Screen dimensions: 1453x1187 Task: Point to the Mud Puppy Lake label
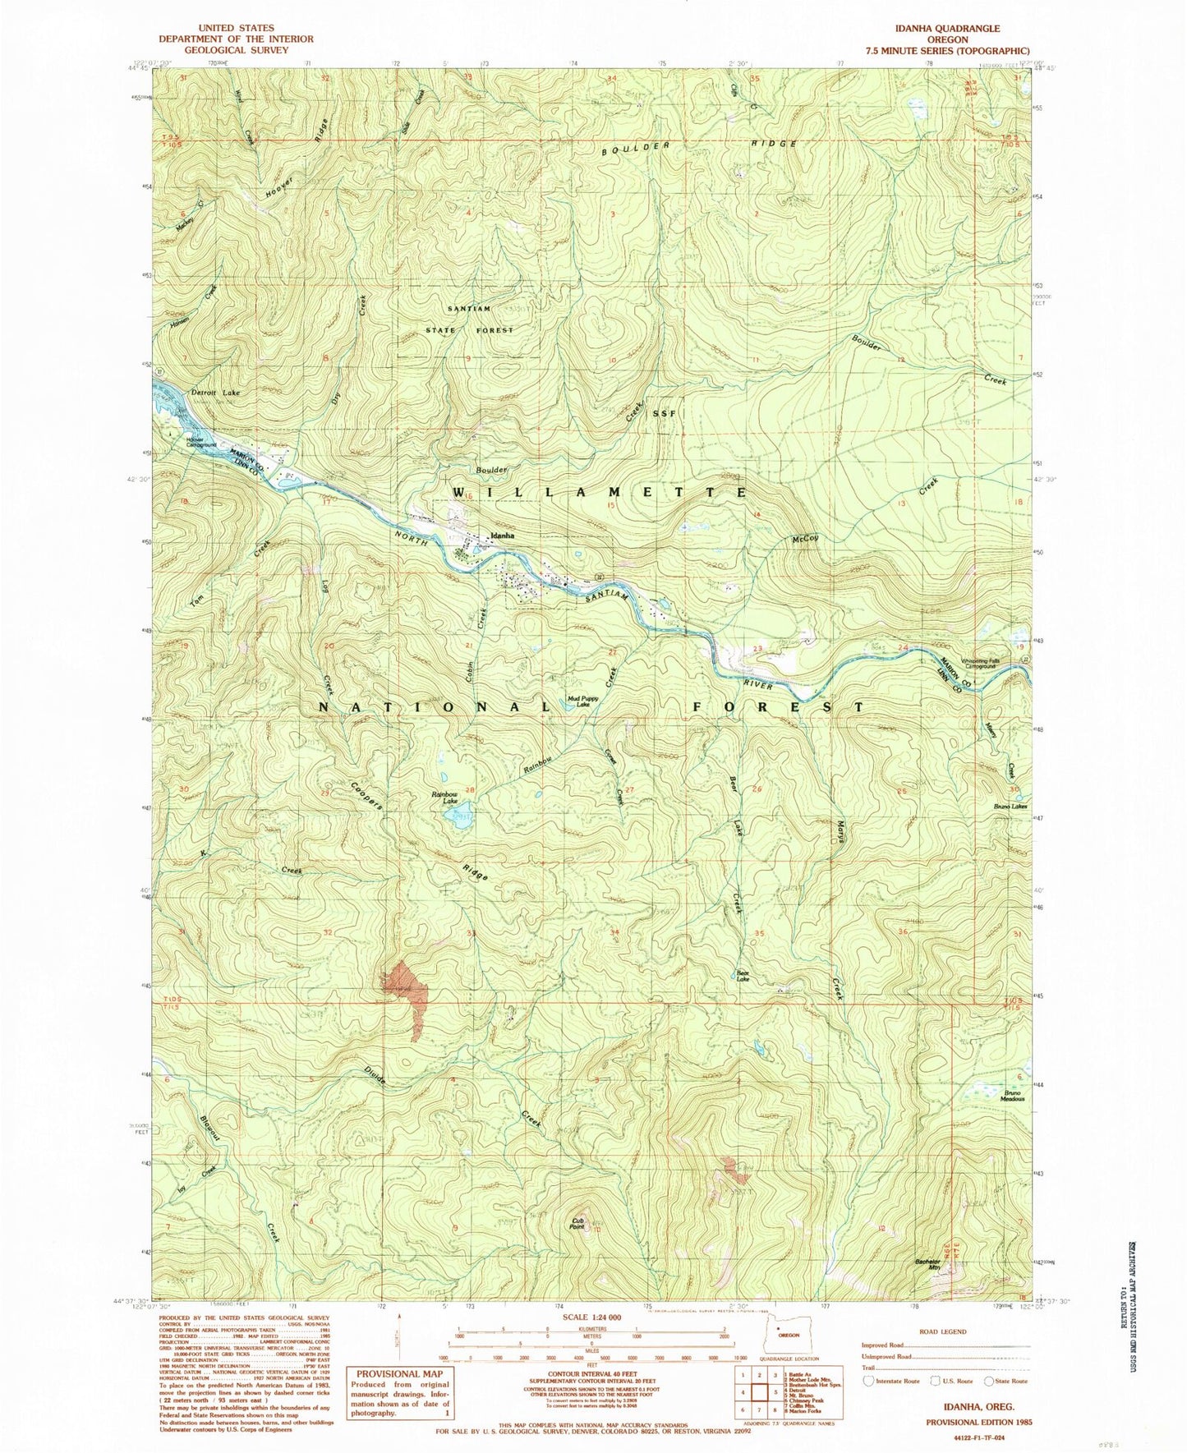pos(582,701)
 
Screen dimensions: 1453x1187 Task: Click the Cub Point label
pos(577,1225)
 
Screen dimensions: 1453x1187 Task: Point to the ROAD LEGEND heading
pos(943,1331)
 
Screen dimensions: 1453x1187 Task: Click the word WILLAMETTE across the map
pos(600,491)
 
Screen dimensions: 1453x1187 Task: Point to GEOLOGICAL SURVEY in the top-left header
pos(236,49)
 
